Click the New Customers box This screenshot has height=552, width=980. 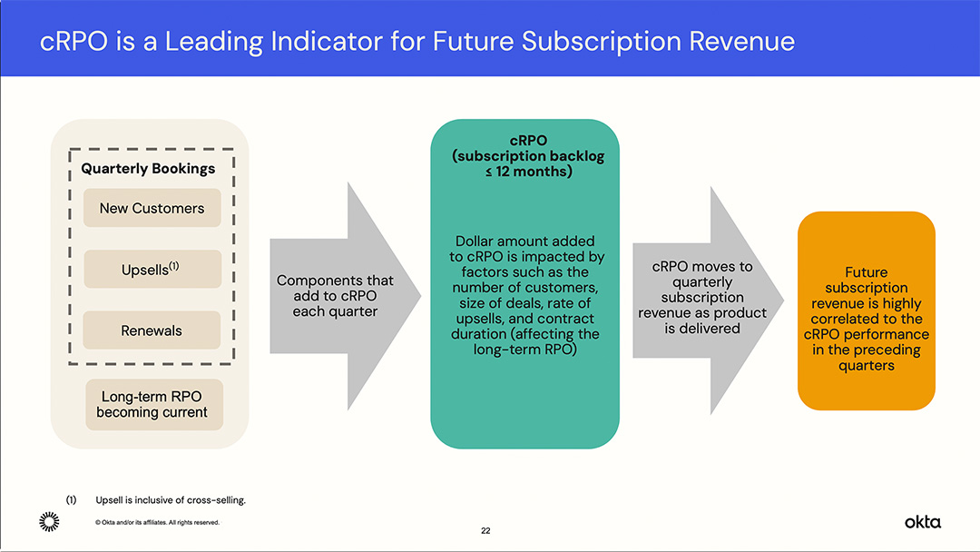(152, 208)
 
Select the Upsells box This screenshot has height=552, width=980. (152, 270)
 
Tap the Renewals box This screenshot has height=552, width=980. (152, 330)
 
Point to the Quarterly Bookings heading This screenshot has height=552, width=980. (148, 168)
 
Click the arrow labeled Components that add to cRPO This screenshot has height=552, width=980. (336, 296)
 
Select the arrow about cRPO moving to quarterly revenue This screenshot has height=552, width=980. (702, 297)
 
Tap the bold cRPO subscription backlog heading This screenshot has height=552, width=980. (527, 156)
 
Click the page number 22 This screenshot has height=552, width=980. (485, 531)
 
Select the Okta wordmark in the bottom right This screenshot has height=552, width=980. (922, 521)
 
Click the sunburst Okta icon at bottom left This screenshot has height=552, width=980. (49, 521)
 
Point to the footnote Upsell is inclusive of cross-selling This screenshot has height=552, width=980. (171, 500)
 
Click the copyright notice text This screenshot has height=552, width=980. (157, 522)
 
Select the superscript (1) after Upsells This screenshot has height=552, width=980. (174, 266)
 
